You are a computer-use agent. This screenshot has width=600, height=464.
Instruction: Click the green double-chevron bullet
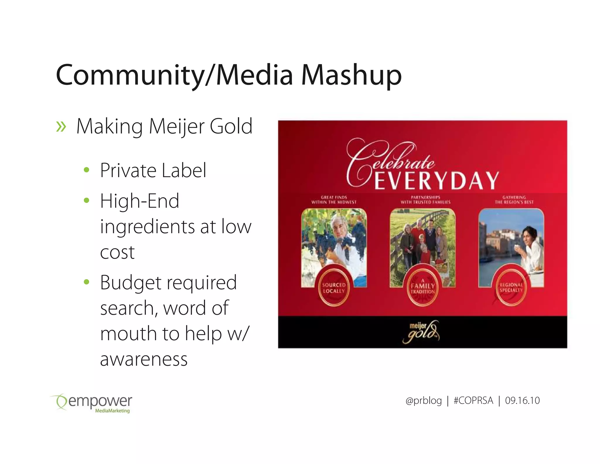click(x=61, y=127)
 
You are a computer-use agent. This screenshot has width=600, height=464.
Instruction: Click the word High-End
click(x=139, y=201)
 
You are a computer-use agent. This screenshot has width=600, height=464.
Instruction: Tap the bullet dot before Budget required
click(x=86, y=282)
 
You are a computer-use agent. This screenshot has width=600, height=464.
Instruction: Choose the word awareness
click(x=144, y=359)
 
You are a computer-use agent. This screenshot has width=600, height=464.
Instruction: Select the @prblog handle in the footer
click(x=423, y=400)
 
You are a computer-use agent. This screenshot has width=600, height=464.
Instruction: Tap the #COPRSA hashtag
click(x=473, y=400)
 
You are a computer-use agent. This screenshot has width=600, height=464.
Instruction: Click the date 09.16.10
click(x=522, y=400)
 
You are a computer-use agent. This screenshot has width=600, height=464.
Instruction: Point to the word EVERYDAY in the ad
click(x=437, y=180)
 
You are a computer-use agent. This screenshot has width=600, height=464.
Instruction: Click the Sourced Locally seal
click(x=334, y=288)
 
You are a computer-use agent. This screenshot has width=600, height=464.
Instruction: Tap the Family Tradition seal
click(x=422, y=288)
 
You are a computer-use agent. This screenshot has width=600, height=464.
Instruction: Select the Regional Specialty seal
click(x=511, y=287)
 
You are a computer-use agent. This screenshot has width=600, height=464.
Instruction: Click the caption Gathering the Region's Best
click(x=514, y=200)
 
